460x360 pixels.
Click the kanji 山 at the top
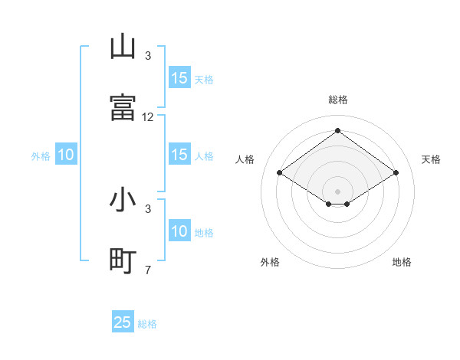[123, 47]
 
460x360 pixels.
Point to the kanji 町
[123, 261]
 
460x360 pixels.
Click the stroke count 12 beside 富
[148, 117]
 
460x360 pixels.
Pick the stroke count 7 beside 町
[148, 270]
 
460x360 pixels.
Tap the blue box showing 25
[123, 322]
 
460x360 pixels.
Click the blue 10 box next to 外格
[66, 155]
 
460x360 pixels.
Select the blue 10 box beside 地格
[179, 231]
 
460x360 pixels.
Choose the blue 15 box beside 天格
[179, 78]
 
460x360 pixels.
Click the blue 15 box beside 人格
[179, 155]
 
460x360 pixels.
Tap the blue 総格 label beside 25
[147, 324]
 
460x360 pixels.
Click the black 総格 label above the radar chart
[337, 100]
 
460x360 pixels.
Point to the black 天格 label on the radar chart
[431, 159]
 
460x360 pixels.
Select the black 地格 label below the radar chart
[402, 262]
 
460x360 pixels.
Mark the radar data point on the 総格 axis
[337, 131]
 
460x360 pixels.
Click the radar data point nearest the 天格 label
[396, 173]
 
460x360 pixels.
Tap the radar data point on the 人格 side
[280, 173]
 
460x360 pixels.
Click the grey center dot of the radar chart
[337, 190]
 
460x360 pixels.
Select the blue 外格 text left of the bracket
[41, 156]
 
